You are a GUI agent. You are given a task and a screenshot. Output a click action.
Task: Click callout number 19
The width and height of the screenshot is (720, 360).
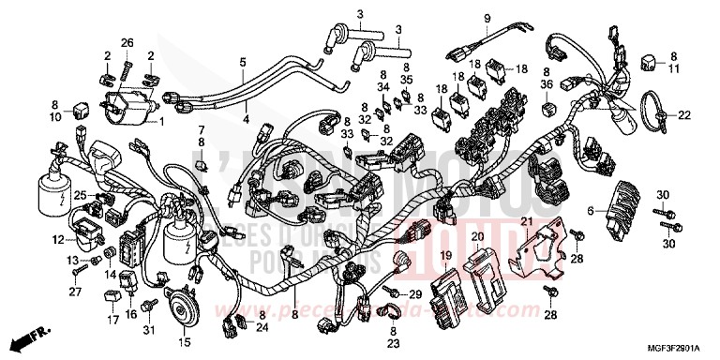point(446,255)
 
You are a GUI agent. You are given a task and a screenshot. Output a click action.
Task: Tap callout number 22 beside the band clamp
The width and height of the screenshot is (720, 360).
point(683,115)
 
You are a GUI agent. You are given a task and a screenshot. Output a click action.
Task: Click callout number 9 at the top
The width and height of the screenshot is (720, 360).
point(487,19)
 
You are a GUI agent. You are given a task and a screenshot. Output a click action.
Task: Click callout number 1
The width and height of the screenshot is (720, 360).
point(159,122)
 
